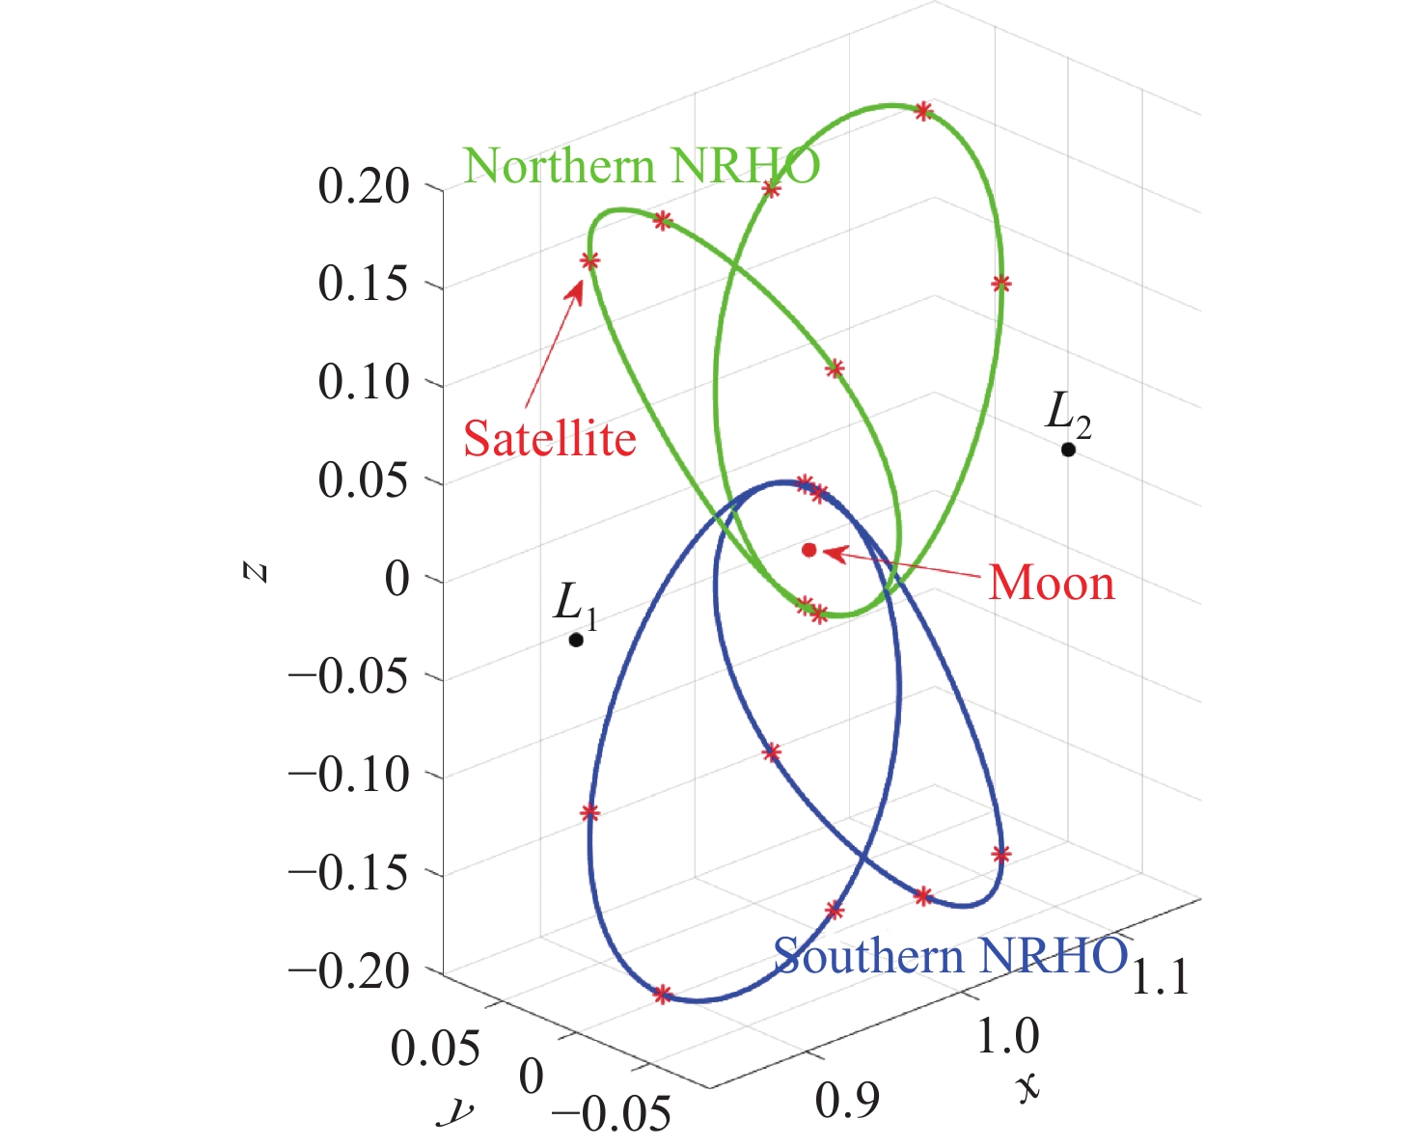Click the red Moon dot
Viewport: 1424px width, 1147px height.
[x=809, y=550]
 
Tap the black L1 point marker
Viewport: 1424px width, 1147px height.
[x=576, y=640]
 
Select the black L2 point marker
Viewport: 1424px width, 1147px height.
[x=1068, y=450]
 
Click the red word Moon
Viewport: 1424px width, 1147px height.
[x=1052, y=584]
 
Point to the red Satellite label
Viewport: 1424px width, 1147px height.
[x=549, y=439]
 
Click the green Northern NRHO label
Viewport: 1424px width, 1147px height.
[x=642, y=166]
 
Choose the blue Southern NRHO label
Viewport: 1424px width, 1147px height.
[x=950, y=956]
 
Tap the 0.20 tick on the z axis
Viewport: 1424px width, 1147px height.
[x=364, y=186]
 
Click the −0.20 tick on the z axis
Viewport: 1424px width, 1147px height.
[x=349, y=969]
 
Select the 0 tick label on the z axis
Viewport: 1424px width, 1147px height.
[x=397, y=580]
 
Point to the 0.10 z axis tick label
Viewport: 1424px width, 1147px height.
[x=364, y=383]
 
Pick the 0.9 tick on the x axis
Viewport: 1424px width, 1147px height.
[x=847, y=1101]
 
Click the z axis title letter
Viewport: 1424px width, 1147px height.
[x=255, y=572]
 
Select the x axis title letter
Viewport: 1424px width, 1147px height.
[x=1028, y=1087]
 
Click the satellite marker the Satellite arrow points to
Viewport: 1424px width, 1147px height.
[x=589, y=260]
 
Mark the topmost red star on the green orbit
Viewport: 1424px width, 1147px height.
[x=923, y=111]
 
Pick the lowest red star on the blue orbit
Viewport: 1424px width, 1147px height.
[x=662, y=995]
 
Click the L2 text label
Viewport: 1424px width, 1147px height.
[x=1068, y=415]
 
